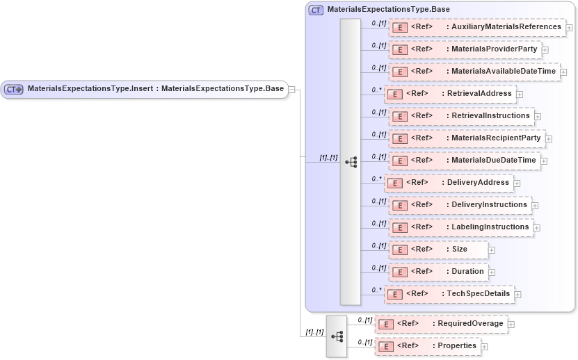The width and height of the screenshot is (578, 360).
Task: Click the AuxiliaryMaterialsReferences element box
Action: tap(476, 27)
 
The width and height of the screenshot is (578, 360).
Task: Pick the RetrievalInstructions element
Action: tap(460, 116)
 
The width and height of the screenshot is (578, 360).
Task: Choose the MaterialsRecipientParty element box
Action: tap(466, 138)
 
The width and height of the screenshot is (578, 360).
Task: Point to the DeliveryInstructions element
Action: tap(460, 205)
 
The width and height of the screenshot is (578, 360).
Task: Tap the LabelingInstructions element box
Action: tap(460, 227)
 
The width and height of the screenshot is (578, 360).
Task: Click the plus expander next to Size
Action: tap(492, 250)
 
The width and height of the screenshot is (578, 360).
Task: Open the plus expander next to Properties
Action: tap(485, 347)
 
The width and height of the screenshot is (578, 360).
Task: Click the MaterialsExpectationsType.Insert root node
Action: tap(144, 89)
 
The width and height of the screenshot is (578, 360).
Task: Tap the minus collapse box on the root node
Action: tap(292, 89)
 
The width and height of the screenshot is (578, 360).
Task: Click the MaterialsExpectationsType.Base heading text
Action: tap(388, 10)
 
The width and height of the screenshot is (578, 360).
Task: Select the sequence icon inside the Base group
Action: tap(351, 161)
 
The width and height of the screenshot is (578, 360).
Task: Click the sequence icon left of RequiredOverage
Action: tap(337, 336)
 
